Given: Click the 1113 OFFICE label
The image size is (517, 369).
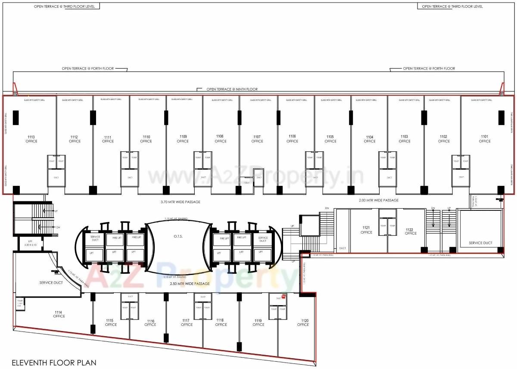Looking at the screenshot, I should coord(31,139).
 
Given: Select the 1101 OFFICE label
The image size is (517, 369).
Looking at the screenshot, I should coord(485,139).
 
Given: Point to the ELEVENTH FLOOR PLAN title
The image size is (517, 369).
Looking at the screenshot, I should coord(54,363).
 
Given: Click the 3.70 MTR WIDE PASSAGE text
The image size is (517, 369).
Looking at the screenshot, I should coord(180,202).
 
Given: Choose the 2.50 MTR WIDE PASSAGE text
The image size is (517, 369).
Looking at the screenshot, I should coord(190,284).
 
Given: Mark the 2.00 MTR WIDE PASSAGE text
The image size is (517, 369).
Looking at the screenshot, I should coord(379,200).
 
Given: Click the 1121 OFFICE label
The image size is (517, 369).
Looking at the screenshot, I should coord(366,230).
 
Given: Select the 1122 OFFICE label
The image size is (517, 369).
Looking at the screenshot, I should coord(411,231).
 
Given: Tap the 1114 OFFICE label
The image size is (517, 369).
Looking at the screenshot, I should coord(59,314).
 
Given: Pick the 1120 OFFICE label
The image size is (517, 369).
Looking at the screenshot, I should coord(303,322).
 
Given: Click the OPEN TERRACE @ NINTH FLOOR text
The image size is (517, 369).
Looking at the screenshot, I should coord(232,89).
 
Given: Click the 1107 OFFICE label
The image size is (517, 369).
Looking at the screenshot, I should coord(257,139).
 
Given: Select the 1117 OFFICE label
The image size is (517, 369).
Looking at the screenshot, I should coord(187,322).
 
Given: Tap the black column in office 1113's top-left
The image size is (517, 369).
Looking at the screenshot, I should coord(16,118).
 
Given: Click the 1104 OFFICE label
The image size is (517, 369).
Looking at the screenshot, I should coord(370,139).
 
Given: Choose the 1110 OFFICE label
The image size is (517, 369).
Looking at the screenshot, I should coord(146,139).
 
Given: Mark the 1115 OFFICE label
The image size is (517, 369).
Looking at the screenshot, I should coord(111,322).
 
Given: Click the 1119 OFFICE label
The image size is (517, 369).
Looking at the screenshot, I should coord(258,322).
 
